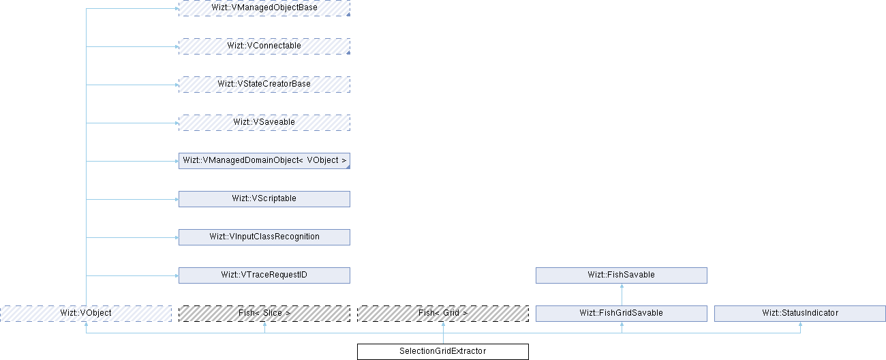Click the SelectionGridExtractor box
(443, 351)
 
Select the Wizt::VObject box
(86, 313)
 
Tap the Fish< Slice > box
(264, 313)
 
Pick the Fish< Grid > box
(443, 313)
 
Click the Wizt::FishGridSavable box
(621, 313)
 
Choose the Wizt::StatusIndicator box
(800, 313)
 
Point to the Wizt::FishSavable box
(621, 275)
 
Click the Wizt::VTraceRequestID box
(264, 275)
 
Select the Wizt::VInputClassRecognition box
(264, 237)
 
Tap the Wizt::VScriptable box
(264, 198)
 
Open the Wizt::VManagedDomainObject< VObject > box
(264, 161)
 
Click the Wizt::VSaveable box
(264, 122)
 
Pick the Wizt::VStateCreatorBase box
(264, 84)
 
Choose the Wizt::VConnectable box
(264, 46)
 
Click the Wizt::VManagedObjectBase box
(264, 7)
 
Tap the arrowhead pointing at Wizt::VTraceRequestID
(175, 275)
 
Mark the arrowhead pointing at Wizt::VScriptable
(175, 199)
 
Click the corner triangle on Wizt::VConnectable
(348, 52)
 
